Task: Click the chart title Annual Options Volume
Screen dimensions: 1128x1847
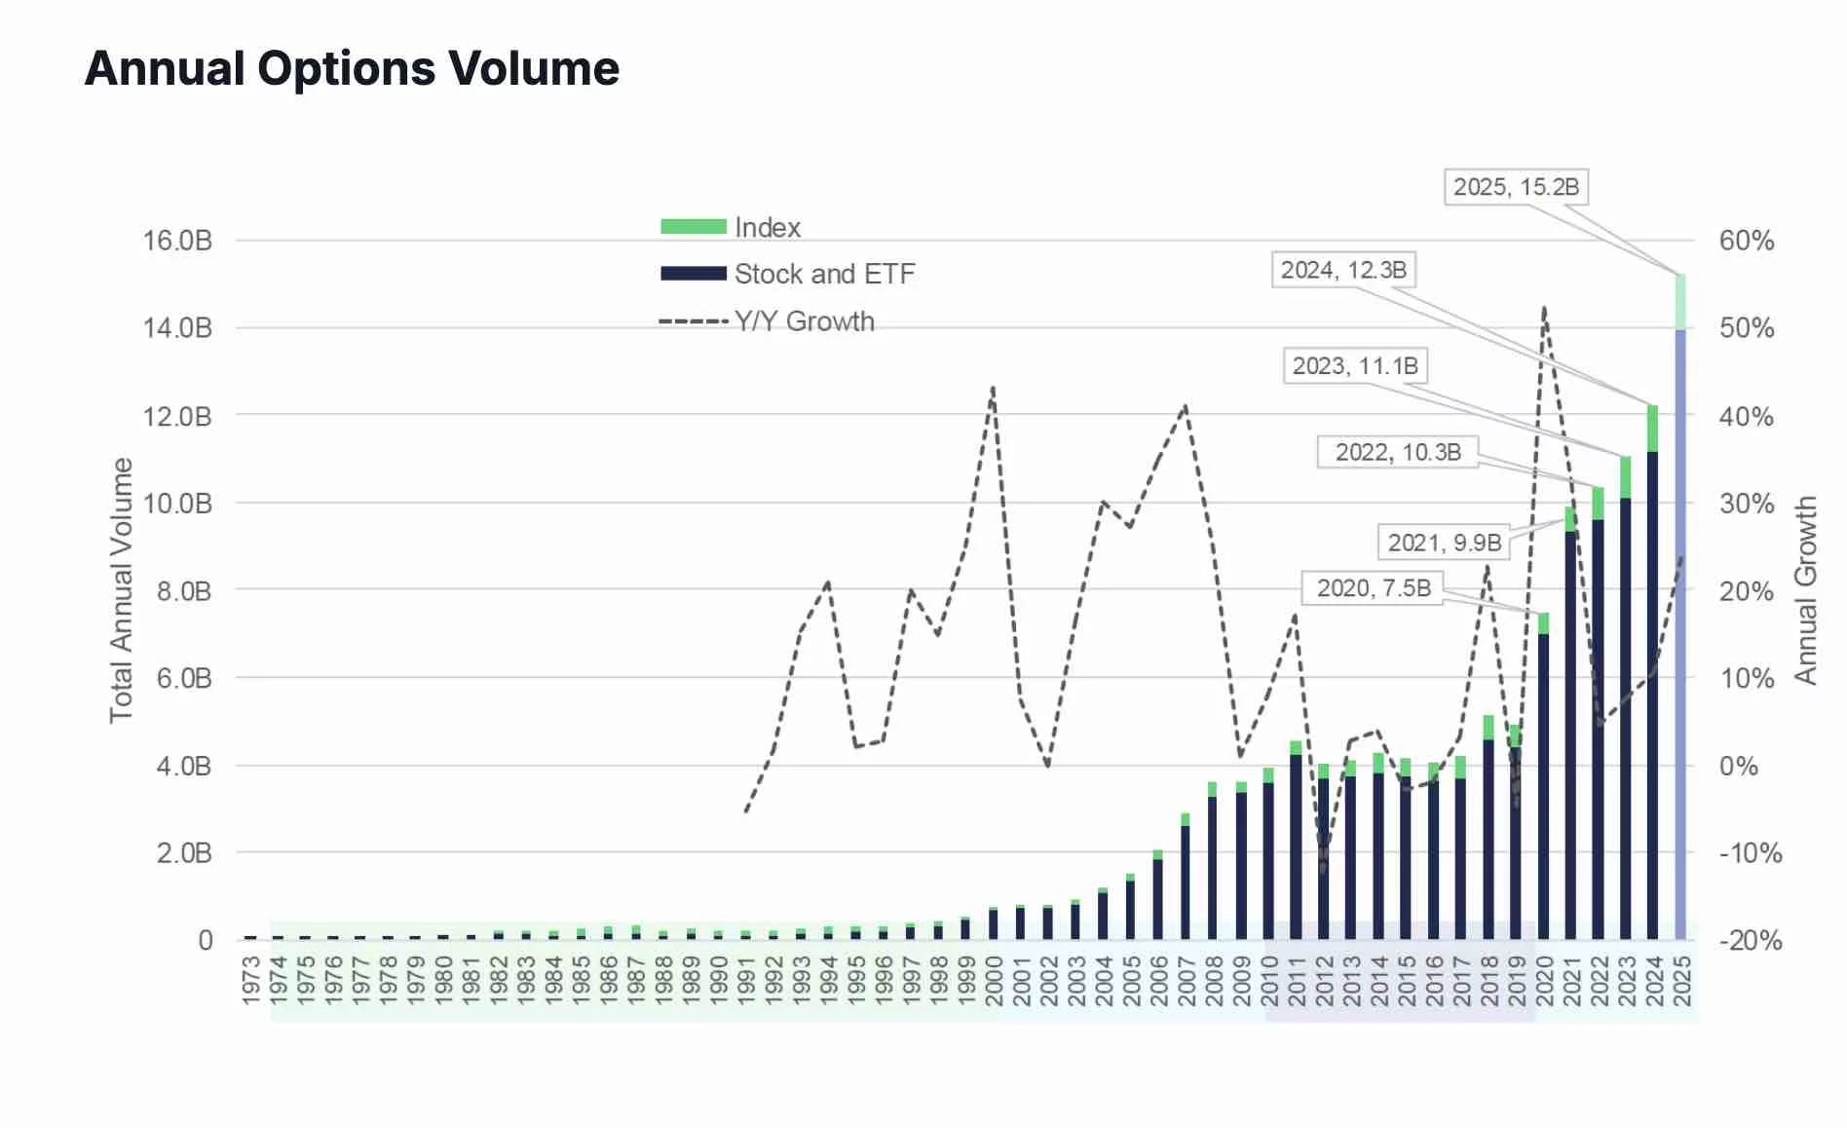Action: pos(352,69)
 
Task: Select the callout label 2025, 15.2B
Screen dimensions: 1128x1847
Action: pos(1515,187)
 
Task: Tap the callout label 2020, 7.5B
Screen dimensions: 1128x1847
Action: pos(1373,588)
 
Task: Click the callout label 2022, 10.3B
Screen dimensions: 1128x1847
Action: pos(1397,452)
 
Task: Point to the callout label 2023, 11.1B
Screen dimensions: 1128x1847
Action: pos(1354,366)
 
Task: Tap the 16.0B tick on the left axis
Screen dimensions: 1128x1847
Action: pos(177,241)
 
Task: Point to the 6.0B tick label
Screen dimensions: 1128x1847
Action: pos(184,678)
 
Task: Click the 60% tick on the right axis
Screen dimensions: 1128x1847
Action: pos(1746,241)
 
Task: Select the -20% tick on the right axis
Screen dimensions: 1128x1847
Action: pos(1750,940)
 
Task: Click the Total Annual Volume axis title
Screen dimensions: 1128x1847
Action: pos(121,589)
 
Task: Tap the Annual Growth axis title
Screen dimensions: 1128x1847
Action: pos(1805,589)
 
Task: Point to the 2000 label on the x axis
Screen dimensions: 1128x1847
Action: pos(994,980)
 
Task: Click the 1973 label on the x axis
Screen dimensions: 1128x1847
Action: pos(251,980)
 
